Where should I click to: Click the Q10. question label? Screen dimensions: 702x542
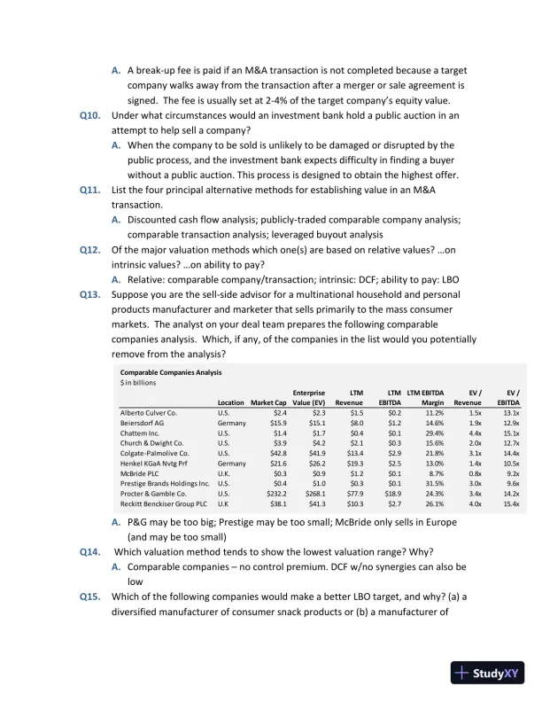[92, 115]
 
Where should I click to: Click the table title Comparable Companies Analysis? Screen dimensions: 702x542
[171, 372]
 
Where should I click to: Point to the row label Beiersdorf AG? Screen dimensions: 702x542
[142, 423]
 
